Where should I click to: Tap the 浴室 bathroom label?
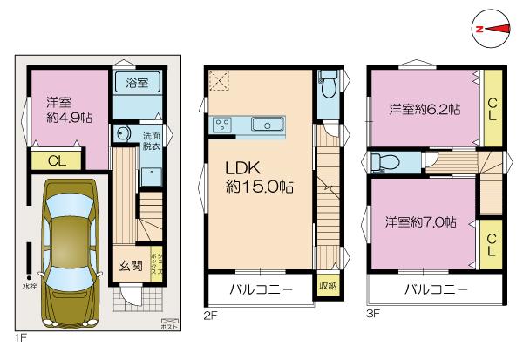137,83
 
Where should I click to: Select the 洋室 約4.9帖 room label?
64,109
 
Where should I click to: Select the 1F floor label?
19,334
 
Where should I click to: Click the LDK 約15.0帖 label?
259,176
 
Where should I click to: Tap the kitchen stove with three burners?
221,124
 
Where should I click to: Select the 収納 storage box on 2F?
328,286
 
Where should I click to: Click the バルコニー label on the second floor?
259,288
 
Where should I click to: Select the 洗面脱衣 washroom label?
151,141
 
